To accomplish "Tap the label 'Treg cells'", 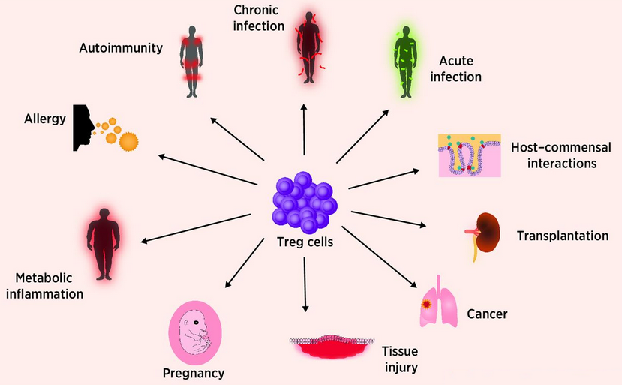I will click(x=305, y=243).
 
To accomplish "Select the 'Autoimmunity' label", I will click(x=121, y=48).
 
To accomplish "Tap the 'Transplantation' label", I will click(x=563, y=236).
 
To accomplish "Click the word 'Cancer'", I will click(x=488, y=314).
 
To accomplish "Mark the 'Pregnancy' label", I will click(x=194, y=373).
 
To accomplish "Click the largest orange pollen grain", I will click(x=130, y=140).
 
